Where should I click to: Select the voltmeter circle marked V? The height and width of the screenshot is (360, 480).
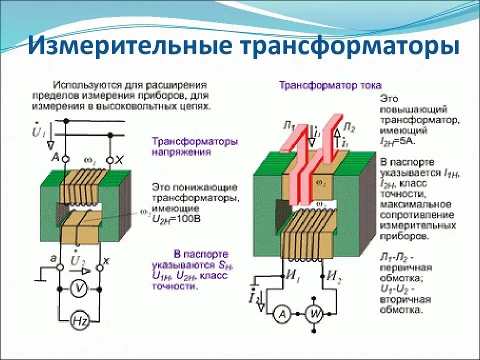[79, 289]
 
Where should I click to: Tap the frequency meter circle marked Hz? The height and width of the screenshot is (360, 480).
[79, 321]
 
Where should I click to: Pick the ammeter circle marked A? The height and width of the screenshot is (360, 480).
[281, 314]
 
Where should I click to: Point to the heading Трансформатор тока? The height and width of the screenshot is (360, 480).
[330, 85]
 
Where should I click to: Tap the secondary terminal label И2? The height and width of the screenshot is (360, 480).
[334, 275]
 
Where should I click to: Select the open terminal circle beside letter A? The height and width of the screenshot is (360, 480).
[65, 159]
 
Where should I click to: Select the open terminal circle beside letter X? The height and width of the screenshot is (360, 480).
[109, 160]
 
